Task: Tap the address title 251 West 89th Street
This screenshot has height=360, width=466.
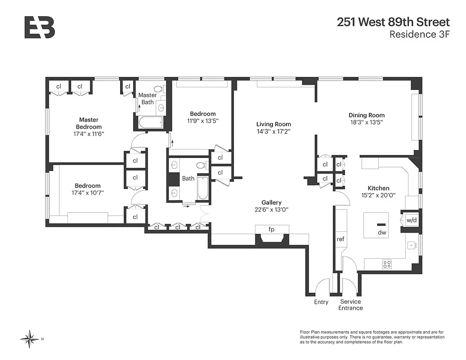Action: coord(393,22)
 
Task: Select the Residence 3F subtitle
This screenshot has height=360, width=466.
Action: coord(419,35)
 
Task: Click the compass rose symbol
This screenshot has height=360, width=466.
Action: coord(30,339)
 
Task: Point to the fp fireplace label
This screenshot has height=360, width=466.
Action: coord(271,229)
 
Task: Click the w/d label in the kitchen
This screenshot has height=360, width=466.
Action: coord(411,220)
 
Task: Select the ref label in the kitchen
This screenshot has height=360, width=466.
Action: coord(341,239)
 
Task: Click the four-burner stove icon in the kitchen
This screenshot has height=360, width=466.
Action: coord(386,264)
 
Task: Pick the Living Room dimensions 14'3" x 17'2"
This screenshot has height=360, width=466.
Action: coord(273,132)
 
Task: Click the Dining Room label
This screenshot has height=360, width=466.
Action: coord(367,115)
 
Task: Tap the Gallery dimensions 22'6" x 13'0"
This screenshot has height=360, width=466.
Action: coord(272,209)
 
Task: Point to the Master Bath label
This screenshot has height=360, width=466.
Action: coord(148,99)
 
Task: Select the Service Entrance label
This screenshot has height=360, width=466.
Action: coord(350,305)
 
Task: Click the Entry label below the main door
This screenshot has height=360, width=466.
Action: coord(321,302)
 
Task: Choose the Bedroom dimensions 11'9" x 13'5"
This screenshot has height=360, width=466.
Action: coord(202,121)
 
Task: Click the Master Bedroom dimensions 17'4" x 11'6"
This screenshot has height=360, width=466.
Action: coord(89,134)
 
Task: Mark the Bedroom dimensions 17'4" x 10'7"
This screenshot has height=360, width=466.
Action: coord(88,193)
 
